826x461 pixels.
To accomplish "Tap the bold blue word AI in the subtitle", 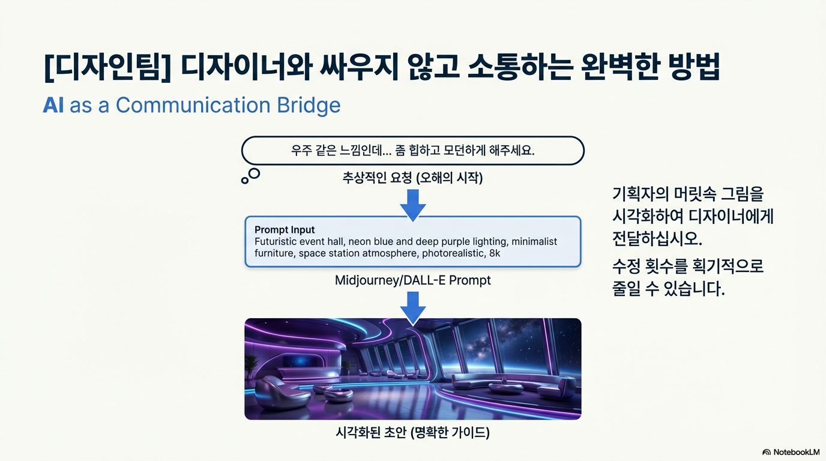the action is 53,105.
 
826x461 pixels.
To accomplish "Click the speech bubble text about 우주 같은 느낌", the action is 412,150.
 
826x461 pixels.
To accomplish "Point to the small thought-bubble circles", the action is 251,175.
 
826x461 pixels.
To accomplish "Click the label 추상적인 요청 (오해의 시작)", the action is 412,178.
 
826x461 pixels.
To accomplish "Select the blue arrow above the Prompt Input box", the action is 412,205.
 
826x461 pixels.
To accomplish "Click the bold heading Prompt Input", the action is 285,229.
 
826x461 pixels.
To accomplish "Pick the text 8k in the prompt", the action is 494,253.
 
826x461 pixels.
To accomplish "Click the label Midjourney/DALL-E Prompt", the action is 412,280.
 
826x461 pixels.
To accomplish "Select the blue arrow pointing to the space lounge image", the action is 412,307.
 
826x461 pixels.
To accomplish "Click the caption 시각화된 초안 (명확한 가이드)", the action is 412,432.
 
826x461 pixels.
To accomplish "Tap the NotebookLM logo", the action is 791,452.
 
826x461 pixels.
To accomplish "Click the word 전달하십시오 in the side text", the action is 657,238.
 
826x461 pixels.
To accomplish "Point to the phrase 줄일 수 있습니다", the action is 668,289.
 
